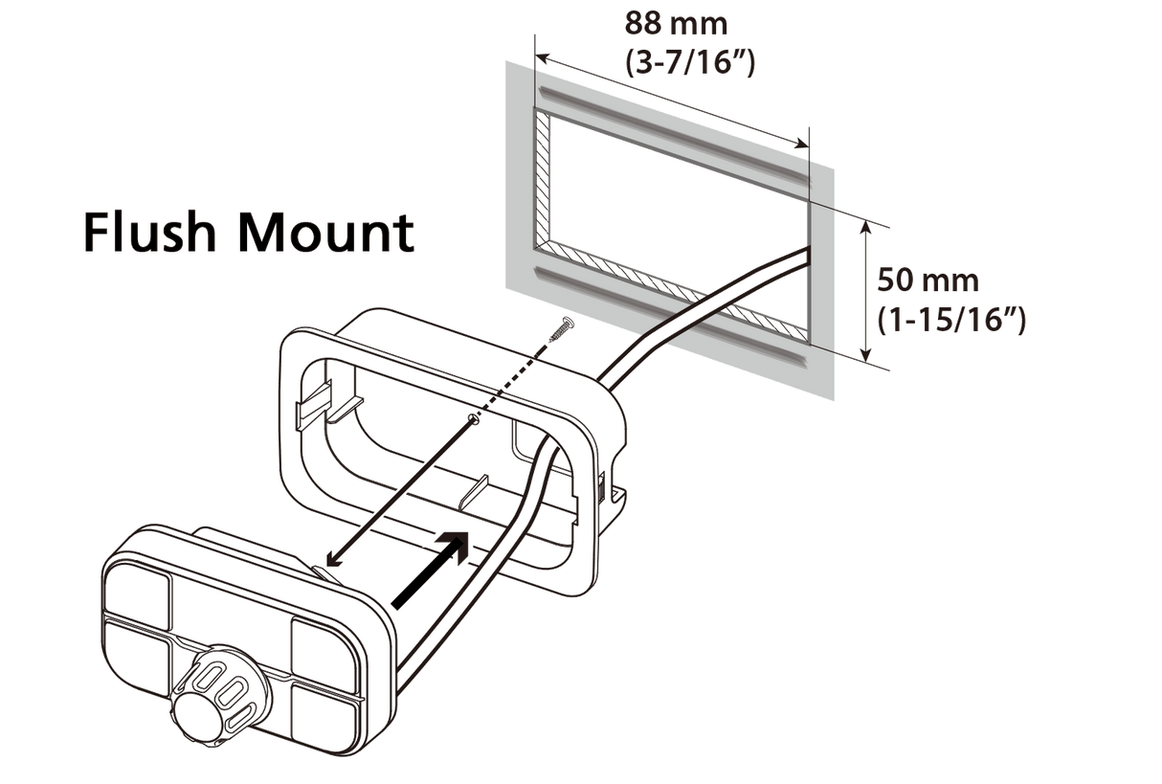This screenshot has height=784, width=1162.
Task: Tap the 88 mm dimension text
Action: pyautogui.click(x=673, y=21)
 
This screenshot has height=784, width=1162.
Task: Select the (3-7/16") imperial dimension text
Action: pyautogui.click(x=689, y=65)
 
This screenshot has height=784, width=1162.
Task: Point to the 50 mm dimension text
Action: pyautogui.click(x=928, y=281)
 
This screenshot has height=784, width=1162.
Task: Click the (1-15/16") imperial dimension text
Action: pyautogui.click(x=952, y=322)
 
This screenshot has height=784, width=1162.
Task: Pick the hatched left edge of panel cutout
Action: pyautogui.click(x=541, y=177)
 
